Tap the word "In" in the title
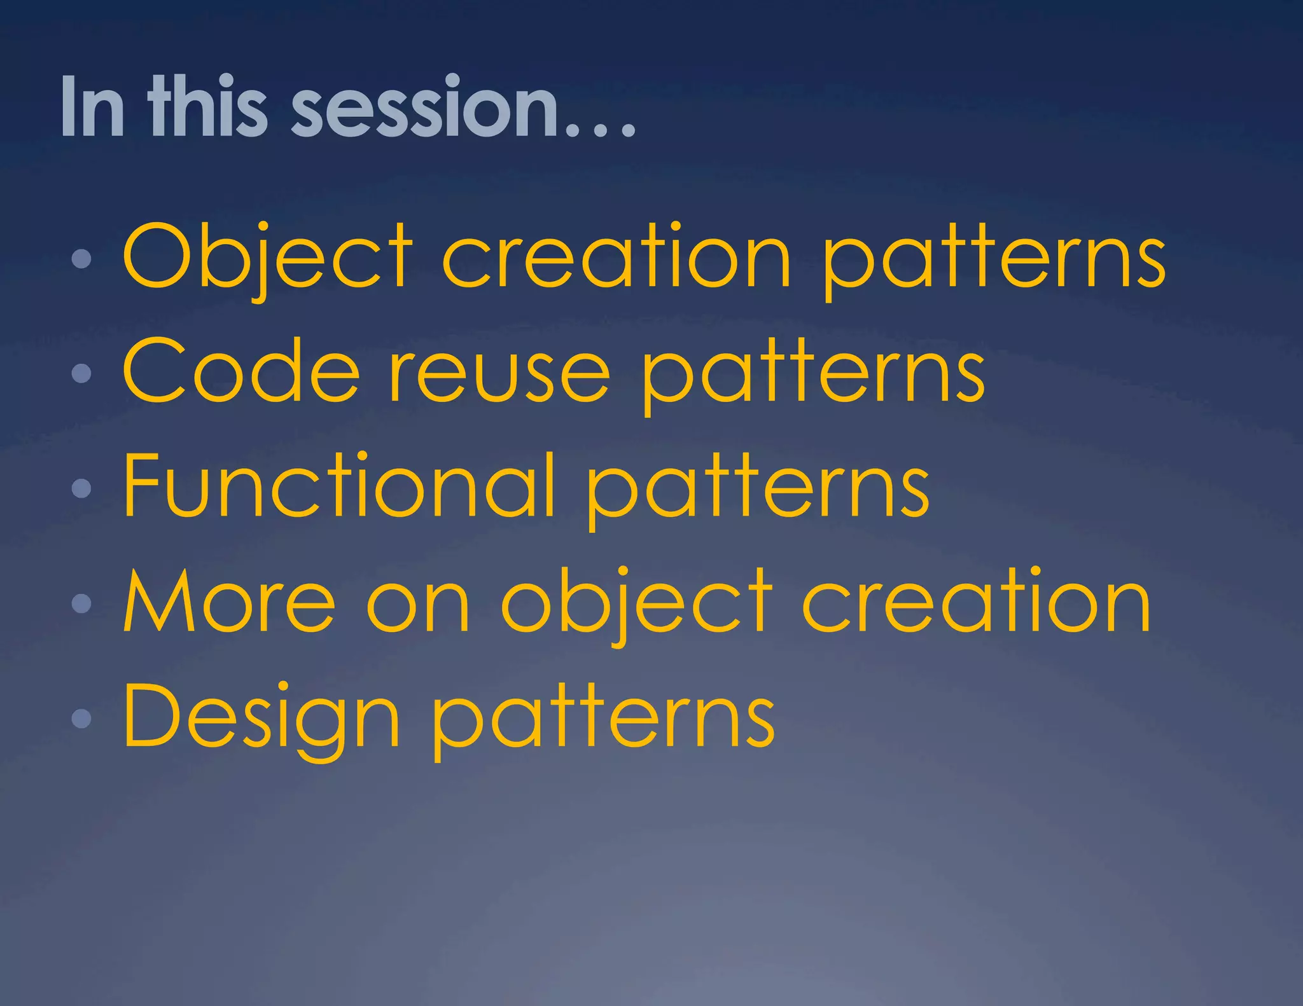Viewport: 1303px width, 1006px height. tap(92, 107)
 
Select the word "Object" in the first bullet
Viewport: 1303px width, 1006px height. tap(267, 258)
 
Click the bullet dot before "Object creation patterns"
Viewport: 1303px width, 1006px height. tap(81, 258)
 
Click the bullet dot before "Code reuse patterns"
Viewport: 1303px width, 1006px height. tap(81, 373)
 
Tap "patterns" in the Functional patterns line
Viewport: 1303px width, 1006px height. tap(757, 490)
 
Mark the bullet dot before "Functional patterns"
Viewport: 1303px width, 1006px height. tap(81, 488)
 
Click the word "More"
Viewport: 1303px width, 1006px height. tap(229, 602)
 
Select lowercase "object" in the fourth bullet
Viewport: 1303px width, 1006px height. tap(636, 604)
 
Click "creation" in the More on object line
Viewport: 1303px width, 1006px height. tap(976, 602)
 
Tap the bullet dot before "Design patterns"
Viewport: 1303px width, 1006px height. tap(81, 718)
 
